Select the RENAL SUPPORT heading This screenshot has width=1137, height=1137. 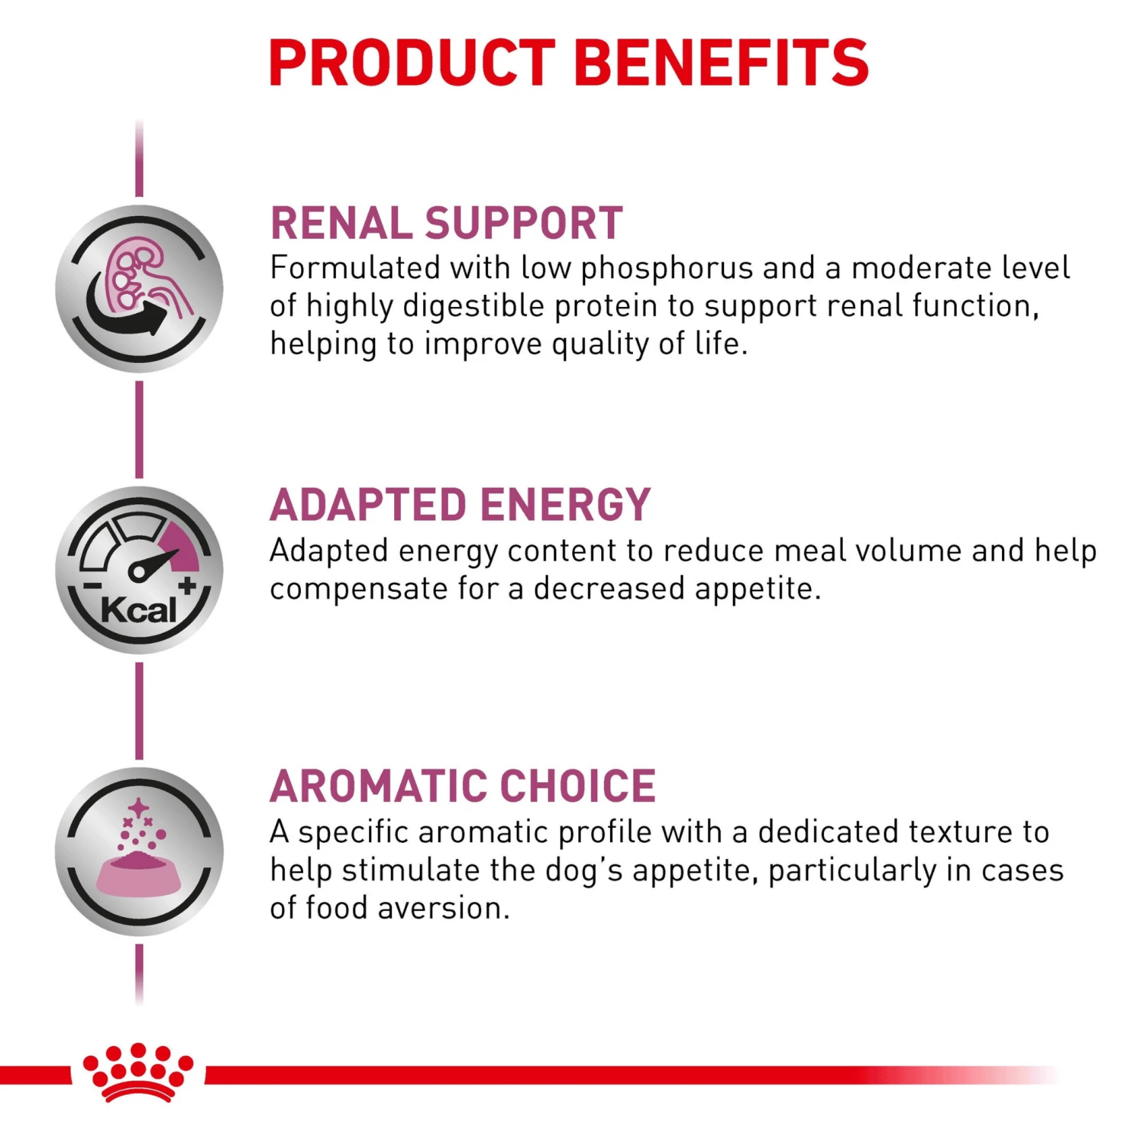pyautogui.click(x=446, y=224)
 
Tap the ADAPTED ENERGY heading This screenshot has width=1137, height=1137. pyautogui.click(x=460, y=505)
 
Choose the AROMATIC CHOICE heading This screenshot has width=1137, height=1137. pyautogui.click(x=462, y=786)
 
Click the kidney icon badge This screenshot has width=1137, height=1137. pyautogui.click(x=139, y=289)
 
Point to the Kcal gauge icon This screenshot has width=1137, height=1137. pyautogui.click(x=139, y=570)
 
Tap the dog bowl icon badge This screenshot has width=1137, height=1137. pyautogui.click(x=139, y=851)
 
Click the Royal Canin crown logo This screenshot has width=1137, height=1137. pyautogui.click(x=138, y=1071)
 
